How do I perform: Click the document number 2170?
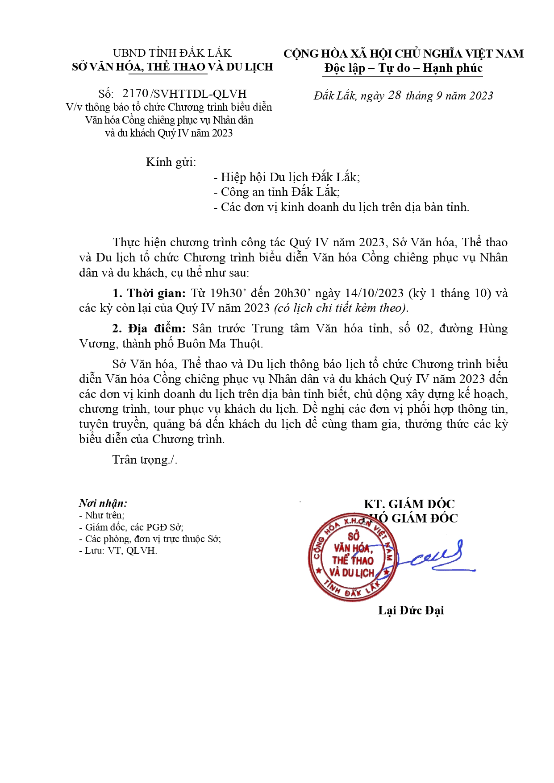(135, 94)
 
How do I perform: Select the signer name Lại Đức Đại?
(411, 610)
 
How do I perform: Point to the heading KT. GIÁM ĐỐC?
(409, 504)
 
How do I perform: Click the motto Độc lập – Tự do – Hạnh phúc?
(404, 68)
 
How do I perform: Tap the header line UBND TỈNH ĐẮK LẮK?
(172, 53)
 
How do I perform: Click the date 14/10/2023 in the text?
(374, 293)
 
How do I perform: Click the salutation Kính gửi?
(171, 162)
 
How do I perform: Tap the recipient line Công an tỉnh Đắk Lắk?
(280, 192)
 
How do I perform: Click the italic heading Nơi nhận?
(103, 503)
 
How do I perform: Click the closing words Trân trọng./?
(145, 460)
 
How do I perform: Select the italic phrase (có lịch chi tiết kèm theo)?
(341, 308)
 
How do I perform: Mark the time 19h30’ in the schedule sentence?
(227, 293)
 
